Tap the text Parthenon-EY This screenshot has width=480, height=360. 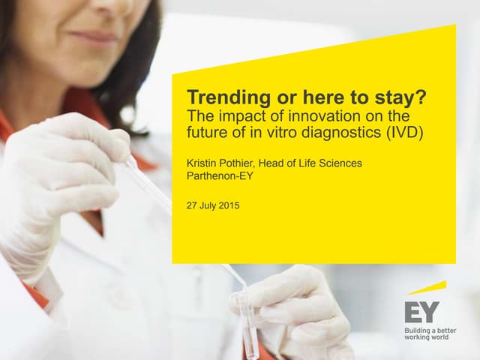pos(220,177)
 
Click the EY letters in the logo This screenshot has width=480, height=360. pos(421,311)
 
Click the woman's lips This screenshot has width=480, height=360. pos(97,37)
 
